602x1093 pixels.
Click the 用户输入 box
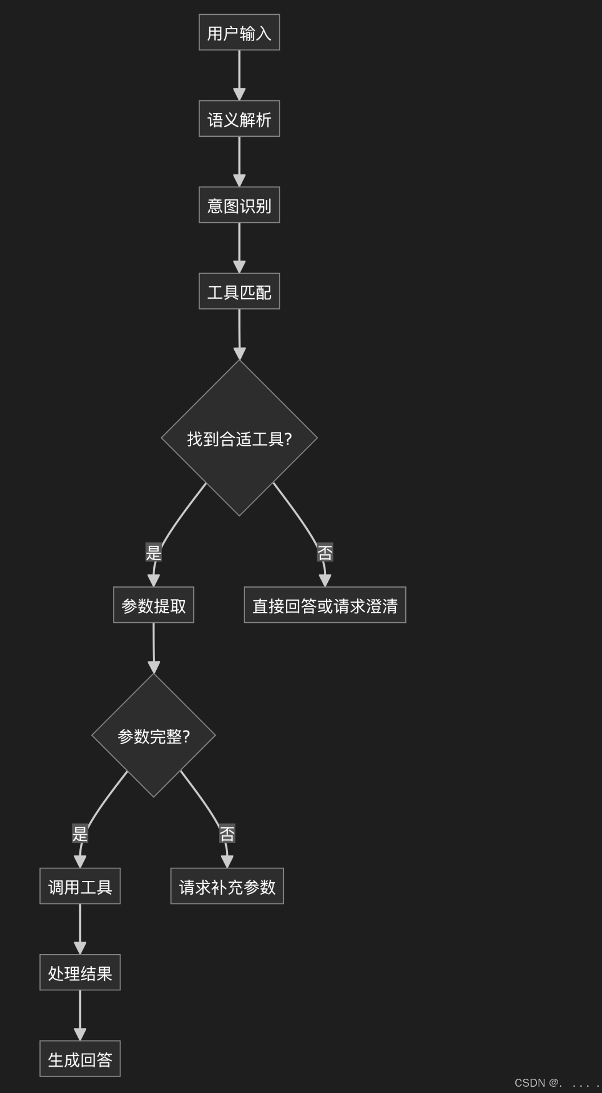pos(239,32)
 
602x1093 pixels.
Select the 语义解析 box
pos(239,119)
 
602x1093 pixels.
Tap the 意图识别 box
pos(239,205)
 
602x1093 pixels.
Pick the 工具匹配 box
pos(239,291)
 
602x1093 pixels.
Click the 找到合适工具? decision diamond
pos(239,438)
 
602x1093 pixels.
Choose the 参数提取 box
pos(153,605)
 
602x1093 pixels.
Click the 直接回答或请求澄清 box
pos(325,605)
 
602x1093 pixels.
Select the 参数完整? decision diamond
pos(153,736)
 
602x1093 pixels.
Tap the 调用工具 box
pos(80,886)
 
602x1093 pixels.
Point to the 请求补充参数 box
pos(227,886)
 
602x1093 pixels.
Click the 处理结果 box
pos(80,973)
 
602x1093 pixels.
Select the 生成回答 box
pos(80,1059)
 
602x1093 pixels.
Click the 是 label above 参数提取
pos(153,552)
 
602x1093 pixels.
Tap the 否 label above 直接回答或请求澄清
pos(325,552)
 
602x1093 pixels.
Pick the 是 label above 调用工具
pos(80,834)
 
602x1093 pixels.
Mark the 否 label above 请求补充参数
pos(227,834)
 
